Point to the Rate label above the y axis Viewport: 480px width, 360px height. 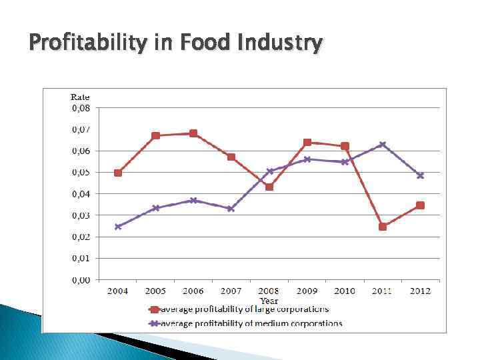(x=80, y=97)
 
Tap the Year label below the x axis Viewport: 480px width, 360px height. (x=269, y=301)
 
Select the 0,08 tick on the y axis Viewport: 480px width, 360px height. (x=81, y=107)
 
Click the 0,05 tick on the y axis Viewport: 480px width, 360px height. (x=81, y=172)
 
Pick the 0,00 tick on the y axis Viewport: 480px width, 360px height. (x=81, y=280)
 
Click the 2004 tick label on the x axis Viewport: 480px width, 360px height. (x=117, y=291)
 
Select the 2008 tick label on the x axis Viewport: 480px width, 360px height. (x=269, y=291)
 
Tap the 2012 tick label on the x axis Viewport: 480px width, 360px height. (x=420, y=291)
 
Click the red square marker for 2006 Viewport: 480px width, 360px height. (x=193, y=133)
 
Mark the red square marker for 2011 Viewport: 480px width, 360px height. (x=383, y=227)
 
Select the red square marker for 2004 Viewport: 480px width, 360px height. (x=118, y=173)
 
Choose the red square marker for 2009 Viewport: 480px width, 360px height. (x=307, y=142)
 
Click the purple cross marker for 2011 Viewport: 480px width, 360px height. (x=383, y=145)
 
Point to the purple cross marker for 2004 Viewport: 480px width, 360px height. (x=118, y=227)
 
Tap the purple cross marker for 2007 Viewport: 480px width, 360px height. (x=231, y=209)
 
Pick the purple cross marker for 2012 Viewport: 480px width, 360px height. (x=420, y=176)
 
